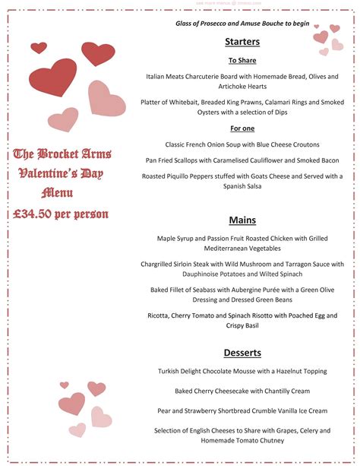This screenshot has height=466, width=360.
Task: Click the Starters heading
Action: [x=242, y=41]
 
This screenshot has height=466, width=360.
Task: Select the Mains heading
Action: [x=242, y=220]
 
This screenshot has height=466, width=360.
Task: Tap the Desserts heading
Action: [x=242, y=353]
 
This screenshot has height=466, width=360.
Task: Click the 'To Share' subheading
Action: [x=242, y=60]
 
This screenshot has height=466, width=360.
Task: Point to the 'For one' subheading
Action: [x=242, y=128]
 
